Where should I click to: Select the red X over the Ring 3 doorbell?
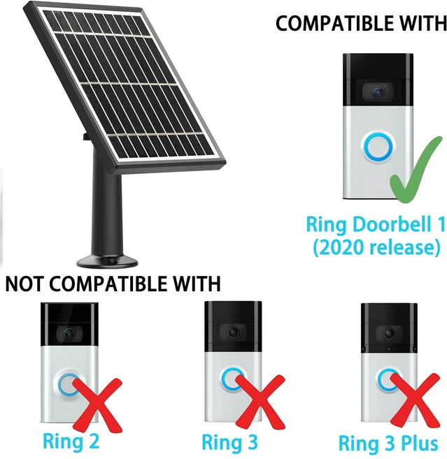click(x=260, y=402)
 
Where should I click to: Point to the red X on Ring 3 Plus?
click(x=415, y=402)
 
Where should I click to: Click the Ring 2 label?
click(x=71, y=442)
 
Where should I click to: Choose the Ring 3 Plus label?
click(x=388, y=444)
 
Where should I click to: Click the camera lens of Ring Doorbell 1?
click(x=378, y=92)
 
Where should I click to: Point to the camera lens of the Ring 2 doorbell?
click(x=69, y=333)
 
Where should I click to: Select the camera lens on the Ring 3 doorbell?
click(x=233, y=333)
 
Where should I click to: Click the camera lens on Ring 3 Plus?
click(x=389, y=333)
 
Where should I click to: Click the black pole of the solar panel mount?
click(x=106, y=211)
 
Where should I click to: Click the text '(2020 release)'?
click(x=376, y=247)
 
